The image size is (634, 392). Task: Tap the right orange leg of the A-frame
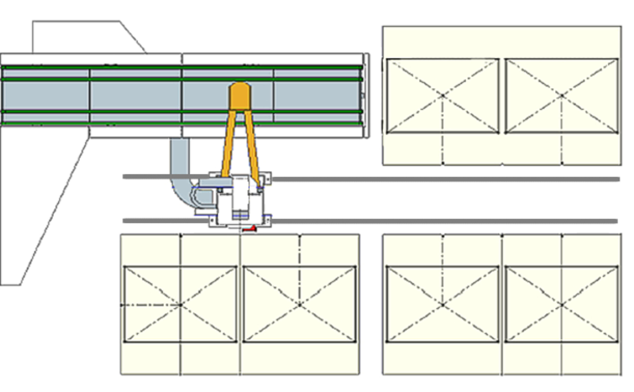click(252, 148)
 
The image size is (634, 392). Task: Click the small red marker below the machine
click(250, 229)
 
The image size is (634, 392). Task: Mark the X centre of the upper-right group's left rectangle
click(443, 96)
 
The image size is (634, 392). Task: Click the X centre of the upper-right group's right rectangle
click(562, 96)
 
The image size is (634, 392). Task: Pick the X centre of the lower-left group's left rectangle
click(180, 305)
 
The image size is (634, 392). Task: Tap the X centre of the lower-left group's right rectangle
click(300, 305)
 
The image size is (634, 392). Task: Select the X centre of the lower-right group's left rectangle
click(443, 305)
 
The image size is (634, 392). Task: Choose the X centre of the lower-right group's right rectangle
click(562, 305)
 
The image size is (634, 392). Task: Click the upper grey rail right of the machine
click(441, 179)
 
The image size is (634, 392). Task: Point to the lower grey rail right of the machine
click(441, 221)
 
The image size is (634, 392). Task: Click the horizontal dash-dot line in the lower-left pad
click(151, 305)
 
